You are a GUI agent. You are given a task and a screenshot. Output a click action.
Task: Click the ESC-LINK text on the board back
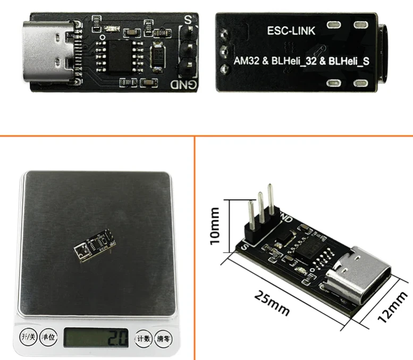coord(291,31)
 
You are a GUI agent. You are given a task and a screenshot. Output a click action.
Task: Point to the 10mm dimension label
coord(215,225)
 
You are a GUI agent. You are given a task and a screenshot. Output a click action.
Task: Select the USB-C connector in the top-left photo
coord(51,52)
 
